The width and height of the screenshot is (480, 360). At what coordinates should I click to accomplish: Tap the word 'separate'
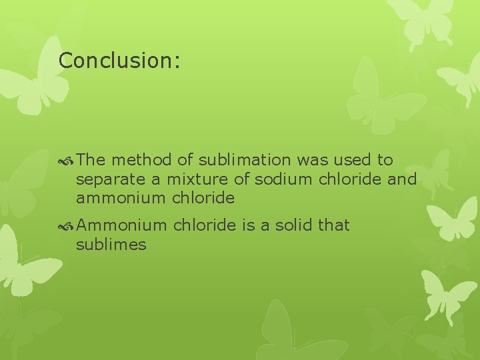[106, 180]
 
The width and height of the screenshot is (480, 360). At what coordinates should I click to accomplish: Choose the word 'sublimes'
[111, 245]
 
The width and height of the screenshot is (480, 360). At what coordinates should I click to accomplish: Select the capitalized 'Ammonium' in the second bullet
[121, 225]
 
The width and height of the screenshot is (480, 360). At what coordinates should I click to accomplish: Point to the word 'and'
[402, 179]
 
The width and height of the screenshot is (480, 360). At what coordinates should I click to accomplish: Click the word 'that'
[333, 225]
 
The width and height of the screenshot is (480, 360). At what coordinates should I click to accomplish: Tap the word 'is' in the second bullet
[247, 225]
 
